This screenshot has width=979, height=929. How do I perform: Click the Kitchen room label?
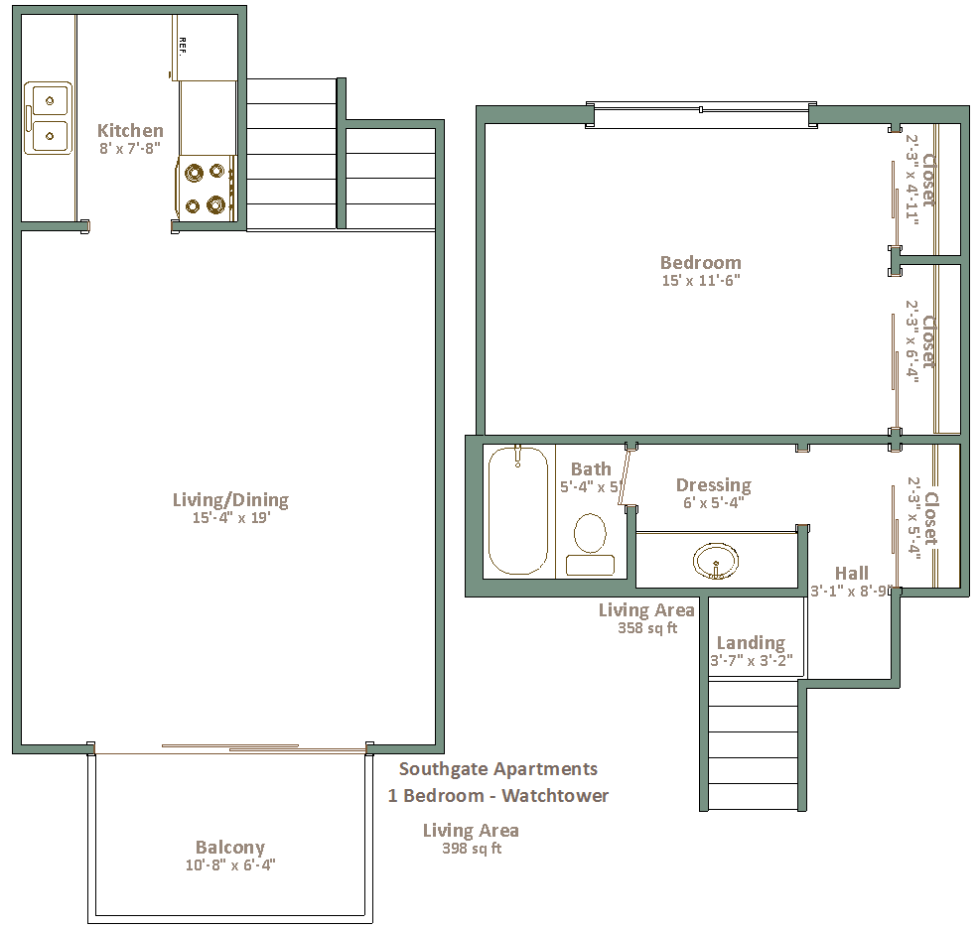pyautogui.click(x=130, y=130)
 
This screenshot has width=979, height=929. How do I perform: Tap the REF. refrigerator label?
pyautogui.click(x=183, y=47)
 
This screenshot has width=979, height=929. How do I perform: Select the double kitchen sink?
pyautogui.click(x=48, y=117)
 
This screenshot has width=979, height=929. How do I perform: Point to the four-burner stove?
pyautogui.click(x=207, y=188)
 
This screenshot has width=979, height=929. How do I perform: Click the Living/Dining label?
pyautogui.click(x=230, y=499)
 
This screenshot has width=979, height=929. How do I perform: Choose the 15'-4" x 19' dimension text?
pyautogui.click(x=230, y=517)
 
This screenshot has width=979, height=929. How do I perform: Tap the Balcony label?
pyautogui.click(x=229, y=848)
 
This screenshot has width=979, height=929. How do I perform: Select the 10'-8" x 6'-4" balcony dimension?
pyautogui.click(x=230, y=865)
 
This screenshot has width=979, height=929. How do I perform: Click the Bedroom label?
pyautogui.click(x=701, y=262)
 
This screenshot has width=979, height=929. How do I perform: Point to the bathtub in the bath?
pyautogui.click(x=517, y=510)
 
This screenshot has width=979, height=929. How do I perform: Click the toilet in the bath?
pyautogui.click(x=590, y=544)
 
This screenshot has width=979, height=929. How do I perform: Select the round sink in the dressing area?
pyautogui.click(x=716, y=561)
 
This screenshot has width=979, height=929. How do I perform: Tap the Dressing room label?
pyautogui.click(x=714, y=485)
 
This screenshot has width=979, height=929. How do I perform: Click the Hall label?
pyautogui.click(x=852, y=573)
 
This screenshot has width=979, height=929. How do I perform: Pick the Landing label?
pyautogui.click(x=751, y=642)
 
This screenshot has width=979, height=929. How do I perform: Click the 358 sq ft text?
pyautogui.click(x=647, y=628)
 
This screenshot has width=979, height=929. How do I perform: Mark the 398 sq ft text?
pyautogui.click(x=472, y=849)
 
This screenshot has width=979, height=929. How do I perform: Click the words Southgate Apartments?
pyautogui.click(x=498, y=769)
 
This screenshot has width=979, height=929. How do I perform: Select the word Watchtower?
pyautogui.click(x=555, y=796)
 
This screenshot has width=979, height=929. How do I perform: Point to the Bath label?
pyautogui.click(x=591, y=468)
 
